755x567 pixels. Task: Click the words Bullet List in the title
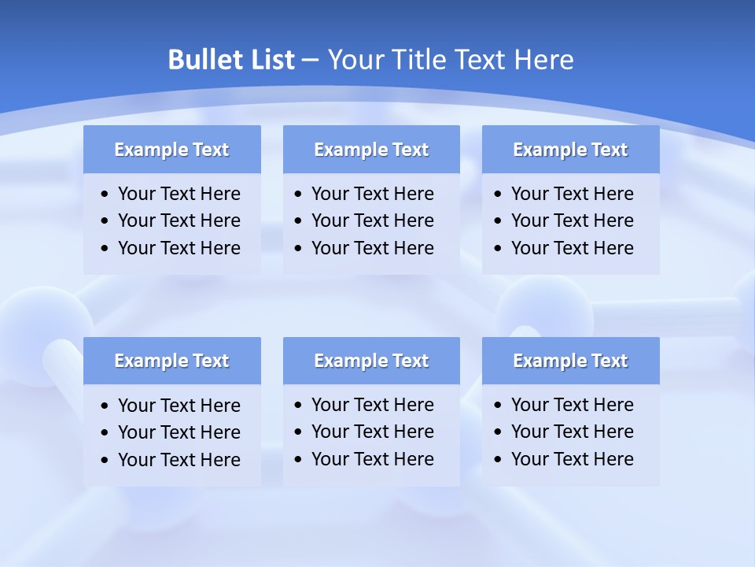click(231, 60)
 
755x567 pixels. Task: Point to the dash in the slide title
click(311, 61)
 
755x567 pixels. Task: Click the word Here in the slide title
click(543, 60)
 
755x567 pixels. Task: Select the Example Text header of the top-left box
click(171, 150)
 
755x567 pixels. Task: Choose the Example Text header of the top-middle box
click(371, 150)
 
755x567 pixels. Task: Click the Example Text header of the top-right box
click(570, 150)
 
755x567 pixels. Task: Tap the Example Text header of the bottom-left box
click(171, 361)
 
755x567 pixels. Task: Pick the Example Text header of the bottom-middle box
click(371, 361)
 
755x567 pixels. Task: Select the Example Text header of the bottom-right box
click(570, 361)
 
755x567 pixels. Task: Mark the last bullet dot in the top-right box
click(499, 249)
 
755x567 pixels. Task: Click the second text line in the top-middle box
click(372, 220)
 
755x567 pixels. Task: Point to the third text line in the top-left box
click(179, 248)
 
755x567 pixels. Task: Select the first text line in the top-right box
click(572, 194)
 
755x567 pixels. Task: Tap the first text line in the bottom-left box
click(179, 406)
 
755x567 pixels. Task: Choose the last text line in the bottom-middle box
click(372, 459)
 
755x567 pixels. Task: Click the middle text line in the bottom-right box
click(572, 432)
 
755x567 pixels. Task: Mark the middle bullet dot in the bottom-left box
click(105, 433)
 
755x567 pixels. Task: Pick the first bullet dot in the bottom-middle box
click(299, 406)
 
